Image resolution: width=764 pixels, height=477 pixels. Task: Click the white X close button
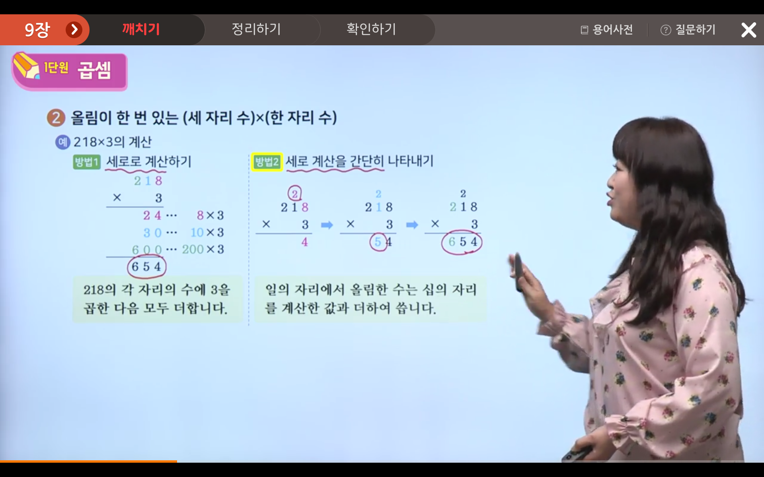point(748,30)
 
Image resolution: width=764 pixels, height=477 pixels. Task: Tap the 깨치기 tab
point(141,29)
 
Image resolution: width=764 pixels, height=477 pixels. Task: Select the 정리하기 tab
point(256,29)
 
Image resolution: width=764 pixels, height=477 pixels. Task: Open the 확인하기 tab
point(371,29)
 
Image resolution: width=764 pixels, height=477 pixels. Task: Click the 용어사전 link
point(607,29)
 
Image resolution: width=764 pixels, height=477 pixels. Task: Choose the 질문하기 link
point(688,29)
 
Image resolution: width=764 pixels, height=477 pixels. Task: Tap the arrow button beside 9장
point(74,29)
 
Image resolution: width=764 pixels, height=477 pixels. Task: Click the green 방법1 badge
point(87,162)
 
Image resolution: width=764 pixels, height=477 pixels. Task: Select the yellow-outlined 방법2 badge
point(267,162)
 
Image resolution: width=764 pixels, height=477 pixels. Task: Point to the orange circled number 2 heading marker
point(56,118)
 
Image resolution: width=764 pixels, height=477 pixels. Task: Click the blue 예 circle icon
point(62,142)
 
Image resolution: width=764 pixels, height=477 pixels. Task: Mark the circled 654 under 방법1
point(146,267)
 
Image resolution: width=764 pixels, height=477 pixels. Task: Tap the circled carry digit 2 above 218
point(295,194)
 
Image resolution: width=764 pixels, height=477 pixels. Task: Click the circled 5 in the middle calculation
point(378,242)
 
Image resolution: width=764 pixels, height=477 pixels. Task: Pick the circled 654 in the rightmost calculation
point(462,242)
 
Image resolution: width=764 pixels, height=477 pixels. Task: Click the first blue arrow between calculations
point(327,225)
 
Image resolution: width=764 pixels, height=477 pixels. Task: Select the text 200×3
point(203,249)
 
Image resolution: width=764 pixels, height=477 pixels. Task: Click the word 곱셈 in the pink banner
point(94,70)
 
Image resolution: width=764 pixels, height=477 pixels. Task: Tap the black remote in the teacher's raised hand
point(518,271)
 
